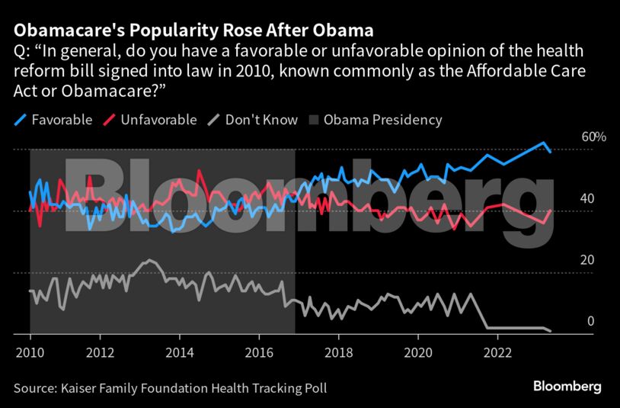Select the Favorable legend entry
pos(53,120)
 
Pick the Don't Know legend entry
pos(251,120)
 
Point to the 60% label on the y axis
pos(572,137)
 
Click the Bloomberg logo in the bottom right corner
pos(568,387)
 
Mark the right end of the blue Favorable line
pos(551,152)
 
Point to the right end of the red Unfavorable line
pos(551,210)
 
